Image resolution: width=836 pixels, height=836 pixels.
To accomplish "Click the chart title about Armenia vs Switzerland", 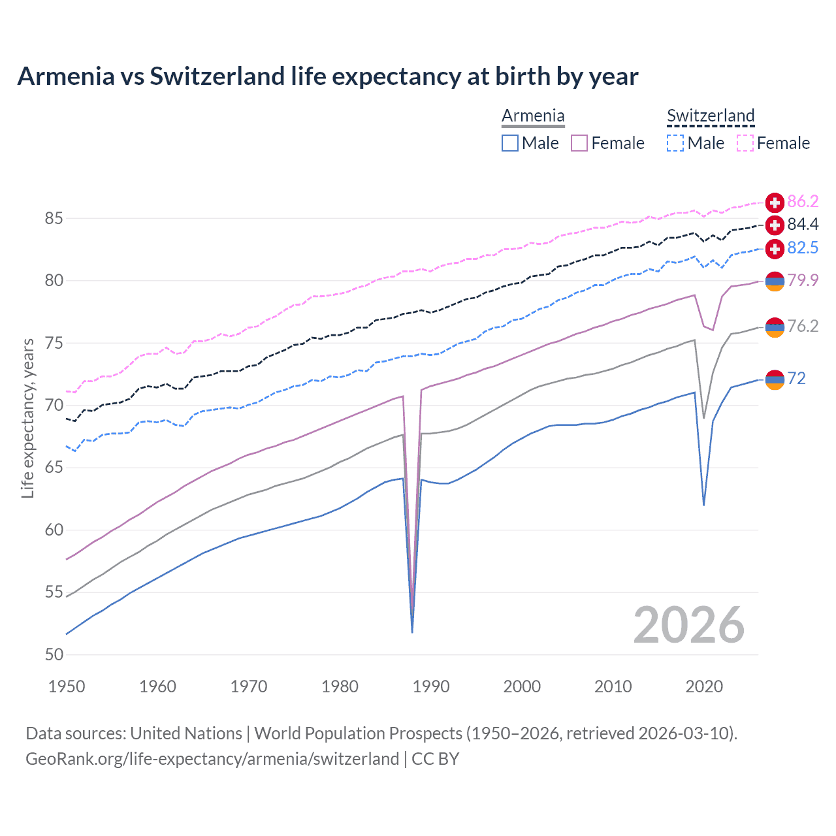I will pyautogui.click(x=327, y=76).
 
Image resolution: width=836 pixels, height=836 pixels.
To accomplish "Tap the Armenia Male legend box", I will pyautogui.click(x=510, y=143).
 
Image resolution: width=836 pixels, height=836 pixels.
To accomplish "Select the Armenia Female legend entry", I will pyautogui.click(x=608, y=143).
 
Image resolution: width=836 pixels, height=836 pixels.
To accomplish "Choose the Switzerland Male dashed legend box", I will pyautogui.click(x=675, y=143).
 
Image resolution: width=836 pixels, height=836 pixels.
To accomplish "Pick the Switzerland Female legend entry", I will pyautogui.click(x=774, y=143).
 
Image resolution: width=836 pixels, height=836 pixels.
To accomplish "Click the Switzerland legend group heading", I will pyautogui.click(x=711, y=116).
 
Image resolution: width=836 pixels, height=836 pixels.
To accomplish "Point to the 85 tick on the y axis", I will pyautogui.click(x=54, y=218).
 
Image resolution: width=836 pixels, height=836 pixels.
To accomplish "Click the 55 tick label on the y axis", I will pyautogui.click(x=54, y=592).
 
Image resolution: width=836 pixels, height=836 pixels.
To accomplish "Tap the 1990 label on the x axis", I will pyautogui.click(x=431, y=686).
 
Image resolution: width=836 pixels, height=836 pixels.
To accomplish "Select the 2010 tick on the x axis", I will pyautogui.click(x=613, y=686).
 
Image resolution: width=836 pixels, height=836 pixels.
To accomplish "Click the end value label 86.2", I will pyautogui.click(x=803, y=201).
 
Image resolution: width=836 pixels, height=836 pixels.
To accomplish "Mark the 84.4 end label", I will pyautogui.click(x=803, y=225).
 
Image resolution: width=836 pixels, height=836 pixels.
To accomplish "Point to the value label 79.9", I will pyautogui.click(x=803, y=280).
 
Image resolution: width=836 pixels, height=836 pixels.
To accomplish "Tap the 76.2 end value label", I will pyautogui.click(x=803, y=326).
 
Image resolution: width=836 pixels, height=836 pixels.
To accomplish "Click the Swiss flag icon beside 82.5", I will pyautogui.click(x=775, y=248).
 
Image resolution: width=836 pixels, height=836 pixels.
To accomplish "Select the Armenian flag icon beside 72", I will pyautogui.click(x=775, y=379).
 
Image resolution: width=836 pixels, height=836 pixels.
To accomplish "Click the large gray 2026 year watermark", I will pyautogui.click(x=689, y=625).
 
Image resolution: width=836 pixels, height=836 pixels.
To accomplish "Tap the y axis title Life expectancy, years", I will pyautogui.click(x=27, y=418).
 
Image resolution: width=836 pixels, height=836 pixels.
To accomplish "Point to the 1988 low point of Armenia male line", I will pyautogui.click(x=412, y=632).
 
